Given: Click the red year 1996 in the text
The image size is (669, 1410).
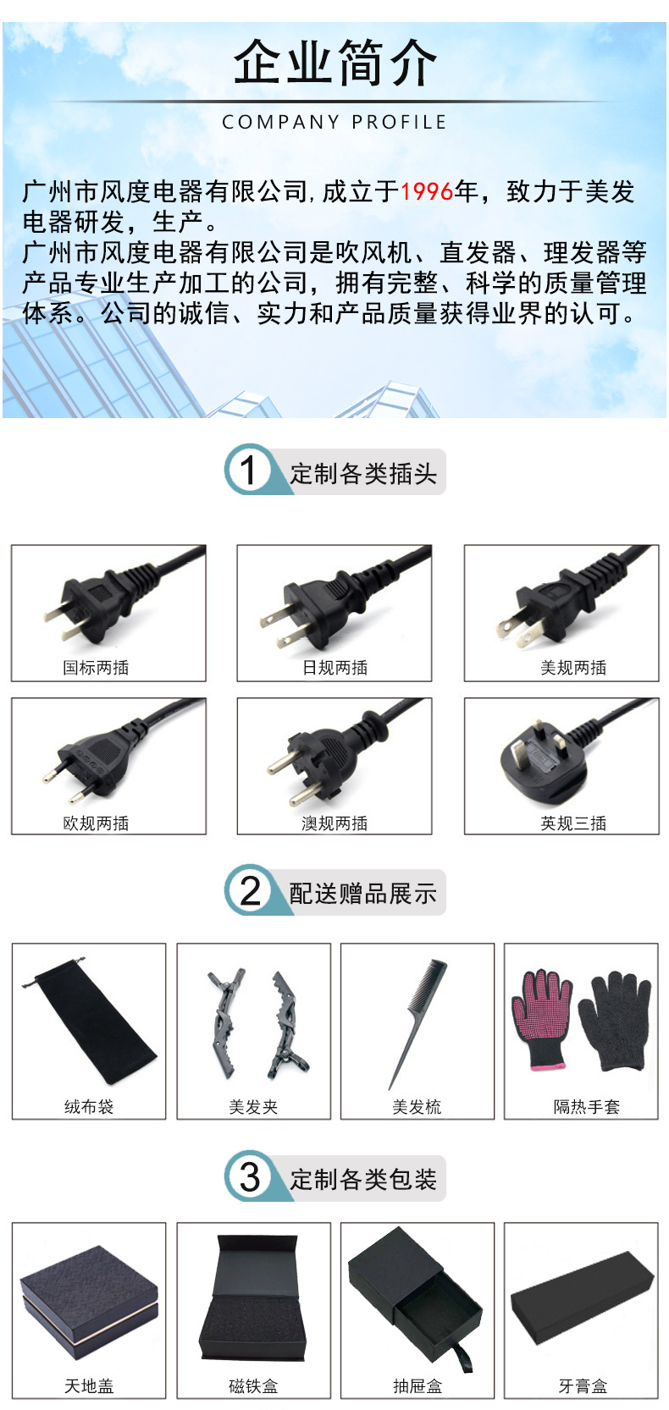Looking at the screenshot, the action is click(427, 192).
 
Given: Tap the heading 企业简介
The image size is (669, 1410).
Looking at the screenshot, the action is click(335, 63).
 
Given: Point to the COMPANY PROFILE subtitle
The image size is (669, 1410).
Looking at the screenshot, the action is click(334, 122).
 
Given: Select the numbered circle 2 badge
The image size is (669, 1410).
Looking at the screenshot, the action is click(249, 890).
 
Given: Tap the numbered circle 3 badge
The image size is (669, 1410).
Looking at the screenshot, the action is click(249, 1176).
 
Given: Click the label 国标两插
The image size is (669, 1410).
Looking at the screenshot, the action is click(96, 668).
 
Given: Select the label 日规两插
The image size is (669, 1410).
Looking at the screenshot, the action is click(334, 668).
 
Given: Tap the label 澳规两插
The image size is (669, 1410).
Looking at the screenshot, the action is click(334, 823).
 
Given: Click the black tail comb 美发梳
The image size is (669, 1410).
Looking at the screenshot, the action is click(417, 1023).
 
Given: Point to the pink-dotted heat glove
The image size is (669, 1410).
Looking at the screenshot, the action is click(540, 1019).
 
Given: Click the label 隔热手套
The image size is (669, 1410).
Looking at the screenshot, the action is click(587, 1106).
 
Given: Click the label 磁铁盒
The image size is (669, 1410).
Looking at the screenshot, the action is click(253, 1385).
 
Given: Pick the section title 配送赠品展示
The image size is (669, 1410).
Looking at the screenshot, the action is click(362, 893).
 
